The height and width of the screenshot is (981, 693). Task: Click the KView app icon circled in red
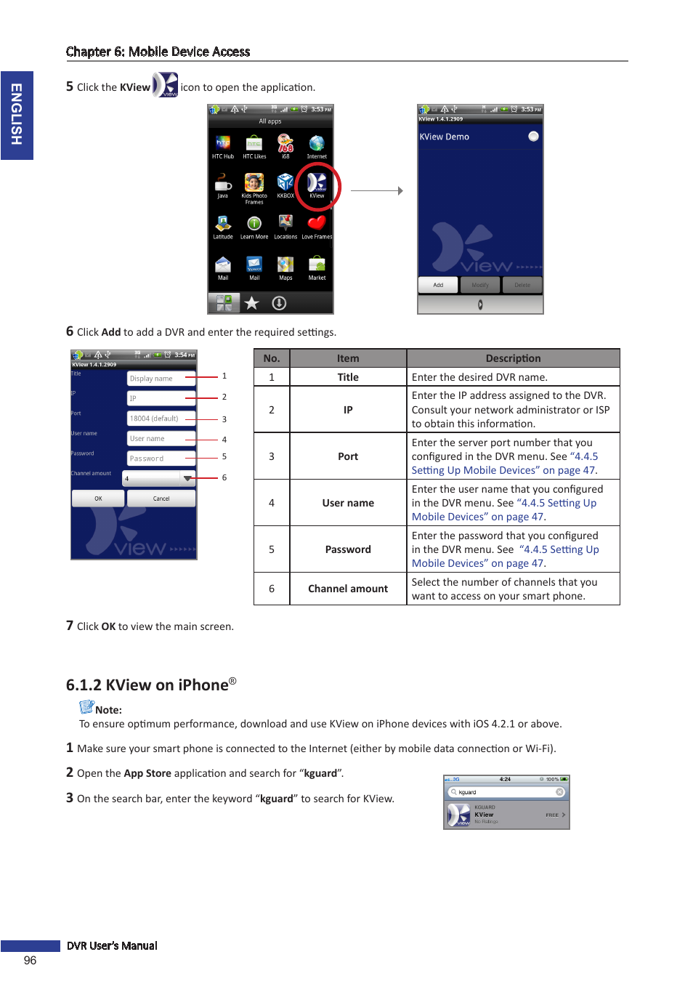(317, 184)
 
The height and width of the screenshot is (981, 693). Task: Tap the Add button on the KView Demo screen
(438, 285)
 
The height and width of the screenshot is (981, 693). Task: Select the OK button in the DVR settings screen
(98, 498)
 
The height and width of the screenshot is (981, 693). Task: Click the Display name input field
(161, 379)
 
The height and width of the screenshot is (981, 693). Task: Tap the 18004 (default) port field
(161, 419)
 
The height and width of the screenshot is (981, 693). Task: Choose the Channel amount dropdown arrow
(188, 478)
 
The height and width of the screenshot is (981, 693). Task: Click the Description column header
(513, 358)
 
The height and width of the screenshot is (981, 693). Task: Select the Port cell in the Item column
(348, 456)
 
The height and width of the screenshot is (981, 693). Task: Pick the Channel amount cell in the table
(348, 589)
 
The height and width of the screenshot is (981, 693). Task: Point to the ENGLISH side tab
(17, 115)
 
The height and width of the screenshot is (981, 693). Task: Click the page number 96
(30, 961)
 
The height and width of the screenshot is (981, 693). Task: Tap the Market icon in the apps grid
(317, 265)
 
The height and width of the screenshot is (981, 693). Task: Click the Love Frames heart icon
(317, 224)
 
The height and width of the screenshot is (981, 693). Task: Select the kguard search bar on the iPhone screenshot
(506, 792)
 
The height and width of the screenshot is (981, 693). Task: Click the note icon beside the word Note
(86, 707)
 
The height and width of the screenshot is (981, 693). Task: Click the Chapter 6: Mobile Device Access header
(158, 52)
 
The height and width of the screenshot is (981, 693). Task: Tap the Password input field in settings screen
(161, 459)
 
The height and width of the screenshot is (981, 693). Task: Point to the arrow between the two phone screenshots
(376, 191)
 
